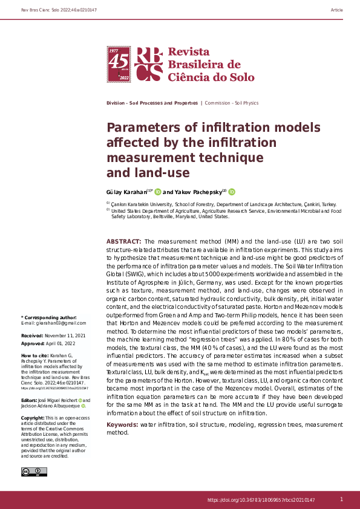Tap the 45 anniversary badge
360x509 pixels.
pyautogui.click(x=119, y=64)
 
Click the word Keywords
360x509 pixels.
pyautogui.click(x=122, y=425)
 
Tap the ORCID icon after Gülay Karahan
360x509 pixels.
pyautogui.click(x=158, y=192)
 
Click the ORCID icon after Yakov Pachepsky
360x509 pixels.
pyautogui.click(x=232, y=192)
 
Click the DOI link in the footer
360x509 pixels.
pyautogui.click(x=261, y=500)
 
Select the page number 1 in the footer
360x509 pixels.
pyautogui.click(x=341, y=499)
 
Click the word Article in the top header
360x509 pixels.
pyautogui.click(x=337, y=10)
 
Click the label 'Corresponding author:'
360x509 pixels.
pyautogui.click(x=50, y=317)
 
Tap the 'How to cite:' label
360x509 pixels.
pyautogui.click(x=33, y=355)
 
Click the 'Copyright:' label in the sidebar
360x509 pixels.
pyautogui.click(x=33, y=418)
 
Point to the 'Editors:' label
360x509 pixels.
pyautogui.click(x=31, y=400)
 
